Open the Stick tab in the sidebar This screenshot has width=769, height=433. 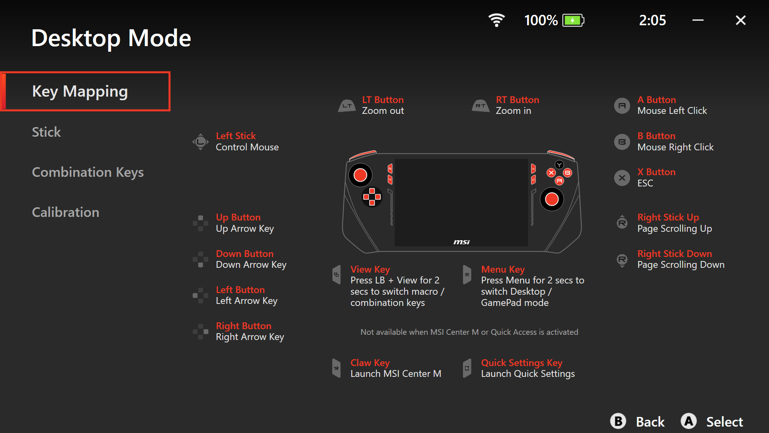[x=46, y=132]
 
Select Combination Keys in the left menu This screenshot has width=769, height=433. [x=88, y=172]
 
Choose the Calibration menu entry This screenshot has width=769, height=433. [x=66, y=212]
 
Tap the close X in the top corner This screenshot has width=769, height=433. [x=741, y=20]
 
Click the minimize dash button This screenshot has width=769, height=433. [x=698, y=20]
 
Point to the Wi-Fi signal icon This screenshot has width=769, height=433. [x=497, y=20]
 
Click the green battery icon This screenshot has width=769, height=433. [x=573, y=20]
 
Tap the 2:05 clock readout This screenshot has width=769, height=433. [x=652, y=20]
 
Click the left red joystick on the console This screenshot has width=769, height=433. [x=360, y=175]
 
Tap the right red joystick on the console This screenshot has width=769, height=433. [x=552, y=199]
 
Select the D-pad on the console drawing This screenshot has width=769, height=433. [x=372, y=197]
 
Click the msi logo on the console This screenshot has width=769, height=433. [x=461, y=242]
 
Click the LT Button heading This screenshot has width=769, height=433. [x=383, y=100]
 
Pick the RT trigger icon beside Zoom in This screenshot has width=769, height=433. [x=481, y=106]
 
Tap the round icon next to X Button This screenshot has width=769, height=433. [x=622, y=178]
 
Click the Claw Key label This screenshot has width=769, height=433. [x=370, y=363]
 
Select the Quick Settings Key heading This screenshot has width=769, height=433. [x=521, y=363]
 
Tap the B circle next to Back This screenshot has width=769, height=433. [x=618, y=421]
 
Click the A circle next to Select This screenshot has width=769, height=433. [x=688, y=421]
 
